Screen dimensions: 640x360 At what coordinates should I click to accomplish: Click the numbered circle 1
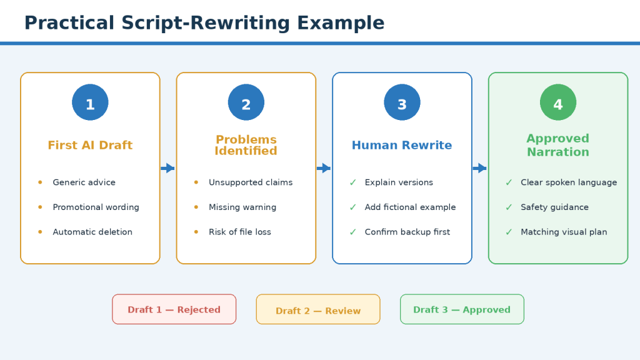pyautogui.click(x=90, y=102)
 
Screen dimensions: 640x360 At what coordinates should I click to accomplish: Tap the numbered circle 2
pyautogui.click(x=246, y=102)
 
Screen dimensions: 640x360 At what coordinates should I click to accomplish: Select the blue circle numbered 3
pyautogui.click(x=402, y=102)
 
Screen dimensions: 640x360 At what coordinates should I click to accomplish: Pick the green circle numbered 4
pyautogui.click(x=558, y=102)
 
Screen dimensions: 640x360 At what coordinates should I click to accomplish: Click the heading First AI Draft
pyautogui.click(x=90, y=145)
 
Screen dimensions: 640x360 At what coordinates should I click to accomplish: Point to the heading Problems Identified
pyautogui.click(x=246, y=145)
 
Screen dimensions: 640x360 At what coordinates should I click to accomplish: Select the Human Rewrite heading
pyautogui.click(x=402, y=145)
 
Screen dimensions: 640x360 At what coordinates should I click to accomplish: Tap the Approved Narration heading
pyautogui.click(x=558, y=145)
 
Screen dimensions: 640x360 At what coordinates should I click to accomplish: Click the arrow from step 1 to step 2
pyautogui.click(x=167, y=168)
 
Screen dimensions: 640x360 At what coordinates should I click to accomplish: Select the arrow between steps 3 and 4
pyautogui.click(x=479, y=168)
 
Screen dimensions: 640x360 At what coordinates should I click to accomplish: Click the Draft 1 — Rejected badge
pyautogui.click(x=174, y=309)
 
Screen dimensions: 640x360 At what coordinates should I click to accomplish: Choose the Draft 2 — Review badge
pyautogui.click(x=318, y=309)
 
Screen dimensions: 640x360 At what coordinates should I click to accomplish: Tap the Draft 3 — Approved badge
pyautogui.click(x=462, y=309)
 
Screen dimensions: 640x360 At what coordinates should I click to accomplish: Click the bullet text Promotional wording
pyautogui.click(x=96, y=207)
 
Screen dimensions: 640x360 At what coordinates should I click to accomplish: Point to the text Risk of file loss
pyautogui.click(x=240, y=232)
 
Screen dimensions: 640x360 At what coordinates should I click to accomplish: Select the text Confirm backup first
pyautogui.click(x=407, y=232)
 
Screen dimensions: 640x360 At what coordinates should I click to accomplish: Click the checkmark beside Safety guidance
pyautogui.click(x=509, y=207)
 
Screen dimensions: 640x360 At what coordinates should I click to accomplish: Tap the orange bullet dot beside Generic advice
pyautogui.click(x=40, y=182)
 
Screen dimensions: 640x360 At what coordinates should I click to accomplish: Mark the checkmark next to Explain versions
pyautogui.click(x=352, y=182)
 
